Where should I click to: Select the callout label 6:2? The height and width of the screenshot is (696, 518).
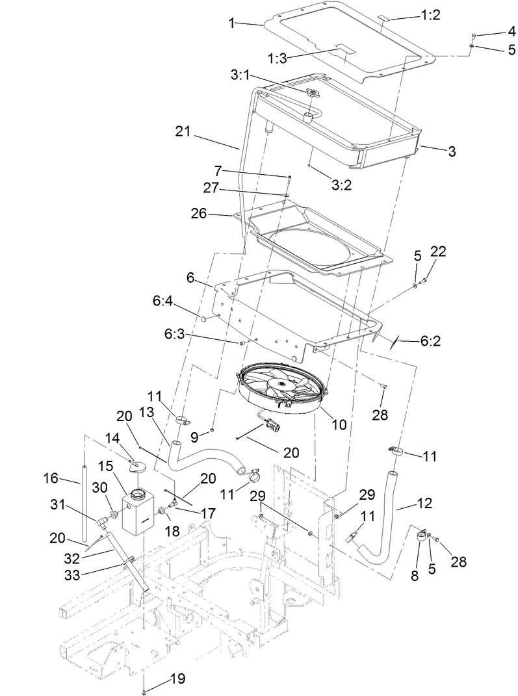pos(430,341)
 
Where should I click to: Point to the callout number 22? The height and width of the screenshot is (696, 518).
pos(437,251)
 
